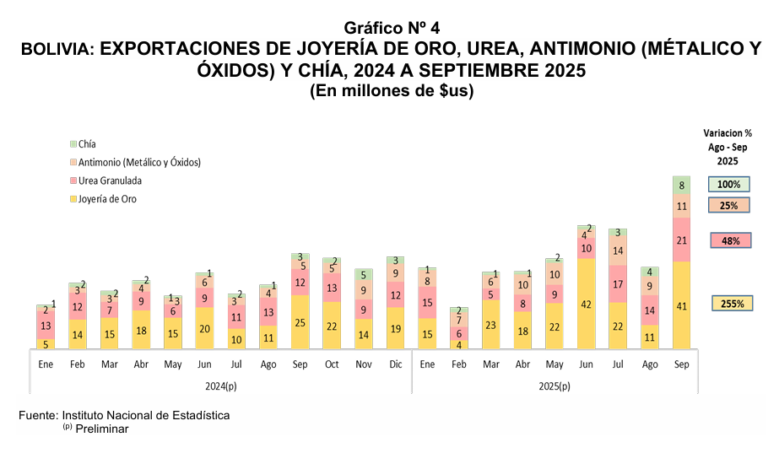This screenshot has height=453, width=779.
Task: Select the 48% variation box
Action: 730,241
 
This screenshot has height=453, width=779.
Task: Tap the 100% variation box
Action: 729,185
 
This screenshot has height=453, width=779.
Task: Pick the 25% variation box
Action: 729,206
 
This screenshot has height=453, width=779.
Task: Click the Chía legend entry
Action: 87,144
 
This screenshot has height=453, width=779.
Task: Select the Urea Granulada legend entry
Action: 110,181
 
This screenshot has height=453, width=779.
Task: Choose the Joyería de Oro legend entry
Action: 106,199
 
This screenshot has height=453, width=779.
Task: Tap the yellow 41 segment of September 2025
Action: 682,305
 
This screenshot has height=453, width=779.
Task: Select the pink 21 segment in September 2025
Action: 682,240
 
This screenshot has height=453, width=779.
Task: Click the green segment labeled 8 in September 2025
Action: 682,185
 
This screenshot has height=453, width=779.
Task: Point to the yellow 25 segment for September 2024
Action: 299,322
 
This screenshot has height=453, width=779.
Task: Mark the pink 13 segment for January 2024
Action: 46,326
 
